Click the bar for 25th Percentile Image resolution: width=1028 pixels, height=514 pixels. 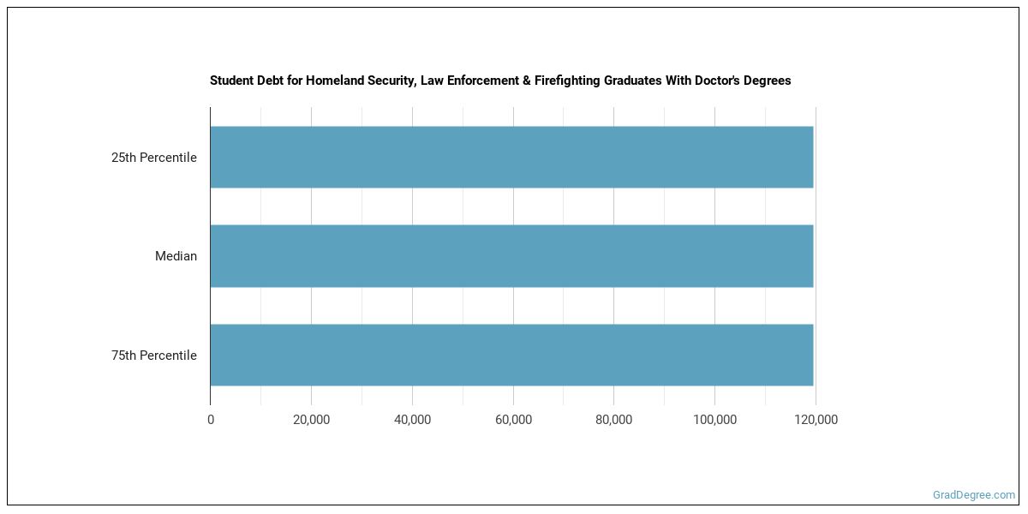click(x=511, y=157)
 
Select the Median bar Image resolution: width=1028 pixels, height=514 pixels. click(x=511, y=256)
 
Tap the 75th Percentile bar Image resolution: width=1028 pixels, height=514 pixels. click(x=511, y=355)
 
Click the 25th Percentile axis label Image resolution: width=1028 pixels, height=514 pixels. click(x=153, y=158)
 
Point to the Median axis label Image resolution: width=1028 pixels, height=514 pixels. click(x=176, y=256)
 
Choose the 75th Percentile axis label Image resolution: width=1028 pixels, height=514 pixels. click(x=153, y=356)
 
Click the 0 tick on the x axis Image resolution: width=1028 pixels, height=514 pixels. click(x=211, y=420)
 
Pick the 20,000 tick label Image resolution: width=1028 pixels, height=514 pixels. click(x=311, y=420)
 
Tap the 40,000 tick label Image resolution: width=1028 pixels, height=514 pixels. click(x=412, y=420)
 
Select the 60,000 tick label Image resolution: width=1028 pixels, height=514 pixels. click(x=513, y=420)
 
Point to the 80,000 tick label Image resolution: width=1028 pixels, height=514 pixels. click(x=614, y=420)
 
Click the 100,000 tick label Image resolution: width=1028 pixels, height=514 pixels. click(x=714, y=420)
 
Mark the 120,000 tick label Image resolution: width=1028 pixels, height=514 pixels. click(x=816, y=420)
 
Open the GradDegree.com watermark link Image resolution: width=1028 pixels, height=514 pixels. click(x=974, y=494)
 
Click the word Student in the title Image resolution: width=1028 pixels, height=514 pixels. click(x=231, y=81)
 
